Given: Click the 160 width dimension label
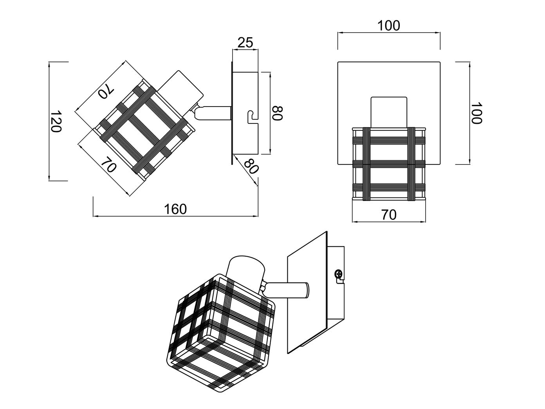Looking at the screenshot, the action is (x=175, y=209).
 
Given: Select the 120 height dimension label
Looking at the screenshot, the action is (x=55, y=121).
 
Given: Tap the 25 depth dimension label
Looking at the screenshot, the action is (x=245, y=42).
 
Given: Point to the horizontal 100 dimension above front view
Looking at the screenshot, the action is (x=388, y=25).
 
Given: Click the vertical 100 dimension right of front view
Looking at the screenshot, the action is (x=476, y=113).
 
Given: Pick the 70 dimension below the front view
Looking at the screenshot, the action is (x=389, y=215).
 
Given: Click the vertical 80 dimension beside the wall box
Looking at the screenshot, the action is (x=277, y=113).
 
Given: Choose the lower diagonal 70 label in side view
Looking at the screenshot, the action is (x=108, y=165).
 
